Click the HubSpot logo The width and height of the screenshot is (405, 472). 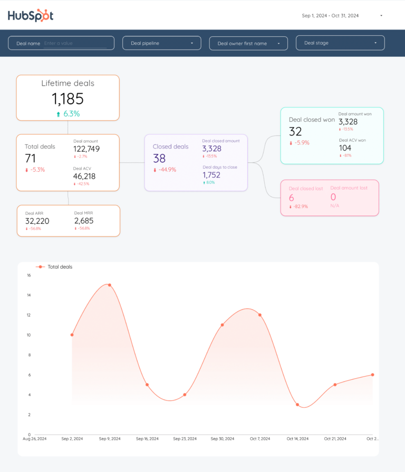(31, 15)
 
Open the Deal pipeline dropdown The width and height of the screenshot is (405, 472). (161, 43)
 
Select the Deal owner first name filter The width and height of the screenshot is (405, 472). (248, 43)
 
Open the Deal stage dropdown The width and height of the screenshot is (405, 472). (340, 43)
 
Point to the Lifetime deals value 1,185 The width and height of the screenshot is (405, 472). (67, 99)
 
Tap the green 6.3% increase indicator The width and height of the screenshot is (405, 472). (68, 114)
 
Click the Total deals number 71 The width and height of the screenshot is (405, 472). (31, 158)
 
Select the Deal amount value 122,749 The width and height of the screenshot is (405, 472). (86, 149)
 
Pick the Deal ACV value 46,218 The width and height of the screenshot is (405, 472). (84, 176)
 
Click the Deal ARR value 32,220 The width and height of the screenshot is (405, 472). (37, 221)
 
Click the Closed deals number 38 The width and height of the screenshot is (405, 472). (159, 158)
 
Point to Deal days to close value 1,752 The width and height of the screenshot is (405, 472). (211, 175)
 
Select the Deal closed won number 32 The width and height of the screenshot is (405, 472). (295, 132)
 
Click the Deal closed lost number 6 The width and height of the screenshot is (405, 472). (292, 198)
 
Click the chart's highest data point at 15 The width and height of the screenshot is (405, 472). (109, 285)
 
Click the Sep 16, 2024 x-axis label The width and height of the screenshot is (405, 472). (147, 438)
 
